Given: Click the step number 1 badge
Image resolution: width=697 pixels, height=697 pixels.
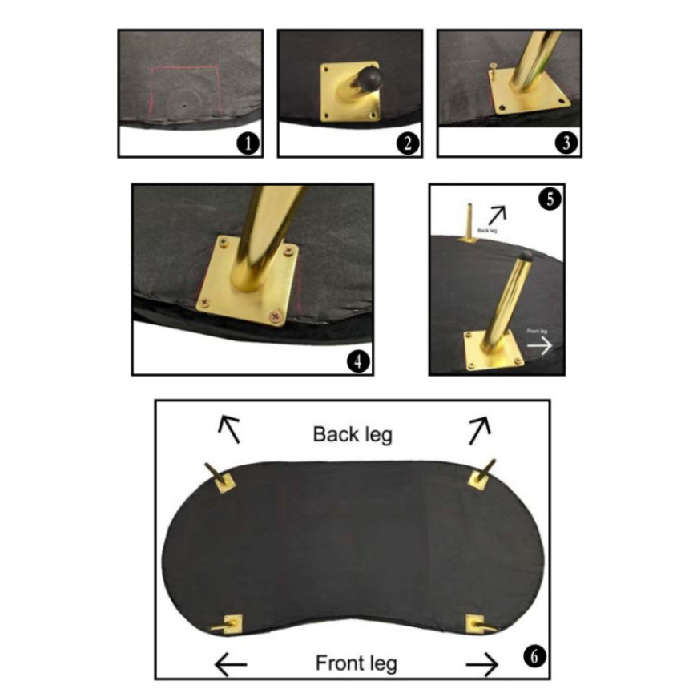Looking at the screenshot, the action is pyautogui.click(x=248, y=143).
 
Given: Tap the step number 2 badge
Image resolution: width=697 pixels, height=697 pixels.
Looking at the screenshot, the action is pyautogui.click(x=408, y=143).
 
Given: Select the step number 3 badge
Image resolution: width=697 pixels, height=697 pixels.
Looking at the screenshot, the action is pyautogui.click(x=566, y=143).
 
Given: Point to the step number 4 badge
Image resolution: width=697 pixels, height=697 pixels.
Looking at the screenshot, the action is pyautogui.click(x=358, y=361).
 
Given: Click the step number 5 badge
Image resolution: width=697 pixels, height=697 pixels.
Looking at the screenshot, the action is pyautogui.click(x=550, y=199).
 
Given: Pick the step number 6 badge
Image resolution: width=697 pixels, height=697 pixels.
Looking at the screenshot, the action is pyautogui.click(x=534, y=656).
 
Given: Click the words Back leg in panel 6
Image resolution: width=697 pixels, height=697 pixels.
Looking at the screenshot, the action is pyautogui.click(x=353, y=435).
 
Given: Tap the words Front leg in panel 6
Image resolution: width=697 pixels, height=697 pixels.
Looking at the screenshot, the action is pyautogui.click(x=356, y=663).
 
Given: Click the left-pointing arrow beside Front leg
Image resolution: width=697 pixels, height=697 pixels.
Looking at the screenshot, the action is pyautogui.click(x=230, y=664).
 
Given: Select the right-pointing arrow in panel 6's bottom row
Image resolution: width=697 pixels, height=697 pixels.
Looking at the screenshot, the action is pyautogui.click(x=482, y=664).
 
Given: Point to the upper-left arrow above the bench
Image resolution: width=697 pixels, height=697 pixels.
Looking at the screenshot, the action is pyautogui.click(x=229, y=429).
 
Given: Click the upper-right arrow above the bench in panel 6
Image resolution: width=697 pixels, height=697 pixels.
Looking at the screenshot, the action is pyautogui.click(x=480, y=430).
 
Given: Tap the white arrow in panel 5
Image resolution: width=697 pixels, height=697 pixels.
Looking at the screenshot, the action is pyautogui.click(x=540, y=345).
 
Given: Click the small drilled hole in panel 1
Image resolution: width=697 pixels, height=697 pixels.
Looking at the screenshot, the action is pyautogui.click(x=185, y=106).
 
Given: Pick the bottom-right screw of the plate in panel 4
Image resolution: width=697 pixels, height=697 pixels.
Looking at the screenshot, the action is pyautogui.click(x=276, y=316).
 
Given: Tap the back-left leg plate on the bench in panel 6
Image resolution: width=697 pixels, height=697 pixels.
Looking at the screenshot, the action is pyautogui.click(x=224, y=483).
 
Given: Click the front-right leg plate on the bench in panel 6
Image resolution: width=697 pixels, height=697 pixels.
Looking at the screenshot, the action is pyautogui.click(x=475, y=623).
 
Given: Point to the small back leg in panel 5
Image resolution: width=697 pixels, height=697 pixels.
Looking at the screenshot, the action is pyautogui.click(x=469, y=224).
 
